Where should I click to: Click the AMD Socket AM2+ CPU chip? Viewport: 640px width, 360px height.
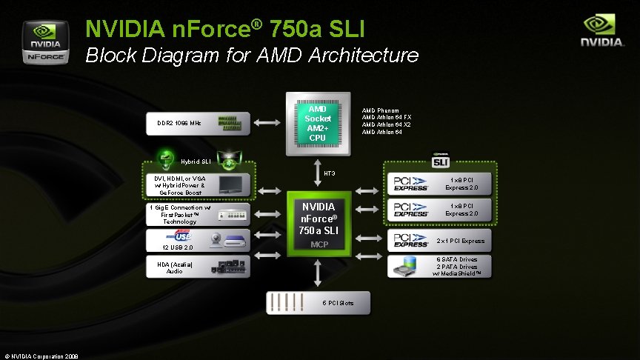318,124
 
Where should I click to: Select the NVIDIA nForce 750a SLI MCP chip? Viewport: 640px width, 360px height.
319,224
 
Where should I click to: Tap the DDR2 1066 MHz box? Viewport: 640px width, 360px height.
198,123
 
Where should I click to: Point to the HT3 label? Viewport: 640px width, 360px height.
330,173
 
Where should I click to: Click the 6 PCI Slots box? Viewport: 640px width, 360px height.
318,302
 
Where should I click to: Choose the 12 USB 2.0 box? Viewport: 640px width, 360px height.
198,241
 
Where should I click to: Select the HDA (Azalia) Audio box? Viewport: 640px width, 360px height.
198,267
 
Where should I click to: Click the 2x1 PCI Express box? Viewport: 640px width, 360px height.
439,241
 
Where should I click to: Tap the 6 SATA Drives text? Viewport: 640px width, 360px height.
457,259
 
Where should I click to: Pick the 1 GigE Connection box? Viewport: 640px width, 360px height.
198,214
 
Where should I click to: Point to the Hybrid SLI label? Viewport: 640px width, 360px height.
196,161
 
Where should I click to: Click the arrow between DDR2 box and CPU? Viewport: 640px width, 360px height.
267,122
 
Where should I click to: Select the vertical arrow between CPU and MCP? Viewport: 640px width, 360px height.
318,173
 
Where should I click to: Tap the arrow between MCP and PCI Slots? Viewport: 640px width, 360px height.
318,273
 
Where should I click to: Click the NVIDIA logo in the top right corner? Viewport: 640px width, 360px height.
602,30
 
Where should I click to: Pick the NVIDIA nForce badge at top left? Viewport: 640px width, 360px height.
45,42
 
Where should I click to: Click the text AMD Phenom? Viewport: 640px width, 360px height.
381,110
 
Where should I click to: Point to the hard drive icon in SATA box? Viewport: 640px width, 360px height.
405,266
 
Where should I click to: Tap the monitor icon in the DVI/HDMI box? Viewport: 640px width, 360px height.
231,184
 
